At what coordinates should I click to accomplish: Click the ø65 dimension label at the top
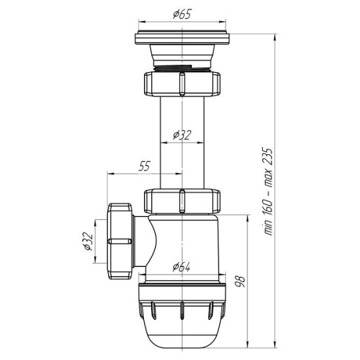(182, 14)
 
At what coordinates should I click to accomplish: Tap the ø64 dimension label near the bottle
(181, 267)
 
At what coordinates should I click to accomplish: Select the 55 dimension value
(145, 166)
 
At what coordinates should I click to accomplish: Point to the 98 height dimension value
(241, 281)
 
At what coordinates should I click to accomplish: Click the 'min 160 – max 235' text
(268, 191)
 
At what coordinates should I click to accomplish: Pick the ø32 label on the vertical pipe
(182, 135)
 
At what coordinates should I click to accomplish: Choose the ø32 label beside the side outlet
(88, 242)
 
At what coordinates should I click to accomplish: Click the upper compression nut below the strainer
(182, 84)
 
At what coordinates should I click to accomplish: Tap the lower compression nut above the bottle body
(182, 201)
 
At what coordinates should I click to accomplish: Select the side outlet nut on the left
(120, 241)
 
